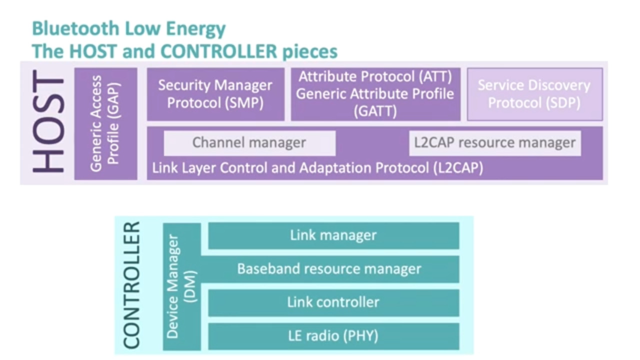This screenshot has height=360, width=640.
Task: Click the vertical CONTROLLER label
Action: tap(131, 285)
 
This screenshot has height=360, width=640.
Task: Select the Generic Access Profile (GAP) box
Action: tap(105, 124)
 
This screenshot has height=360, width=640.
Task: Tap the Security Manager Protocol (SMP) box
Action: tap(215, 94)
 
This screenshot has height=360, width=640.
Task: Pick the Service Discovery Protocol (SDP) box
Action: tap(534, 94)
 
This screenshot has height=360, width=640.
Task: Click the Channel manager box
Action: tap(249, 143)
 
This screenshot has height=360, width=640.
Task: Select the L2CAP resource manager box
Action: tap(494, 143)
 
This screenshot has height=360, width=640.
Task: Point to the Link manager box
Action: tap(333, 235)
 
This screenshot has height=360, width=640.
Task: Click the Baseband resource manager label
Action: tap(329, 269)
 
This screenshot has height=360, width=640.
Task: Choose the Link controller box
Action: tap(333, 302)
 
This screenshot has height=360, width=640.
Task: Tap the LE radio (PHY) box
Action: tap(333, 336)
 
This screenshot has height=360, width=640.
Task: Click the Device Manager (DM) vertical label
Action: tap(181, 286)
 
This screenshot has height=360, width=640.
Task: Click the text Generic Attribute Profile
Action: tap(375, 94)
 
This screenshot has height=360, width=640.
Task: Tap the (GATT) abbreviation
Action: tap(375, 111)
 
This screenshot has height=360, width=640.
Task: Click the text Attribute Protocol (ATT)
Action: tap(375, 77)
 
